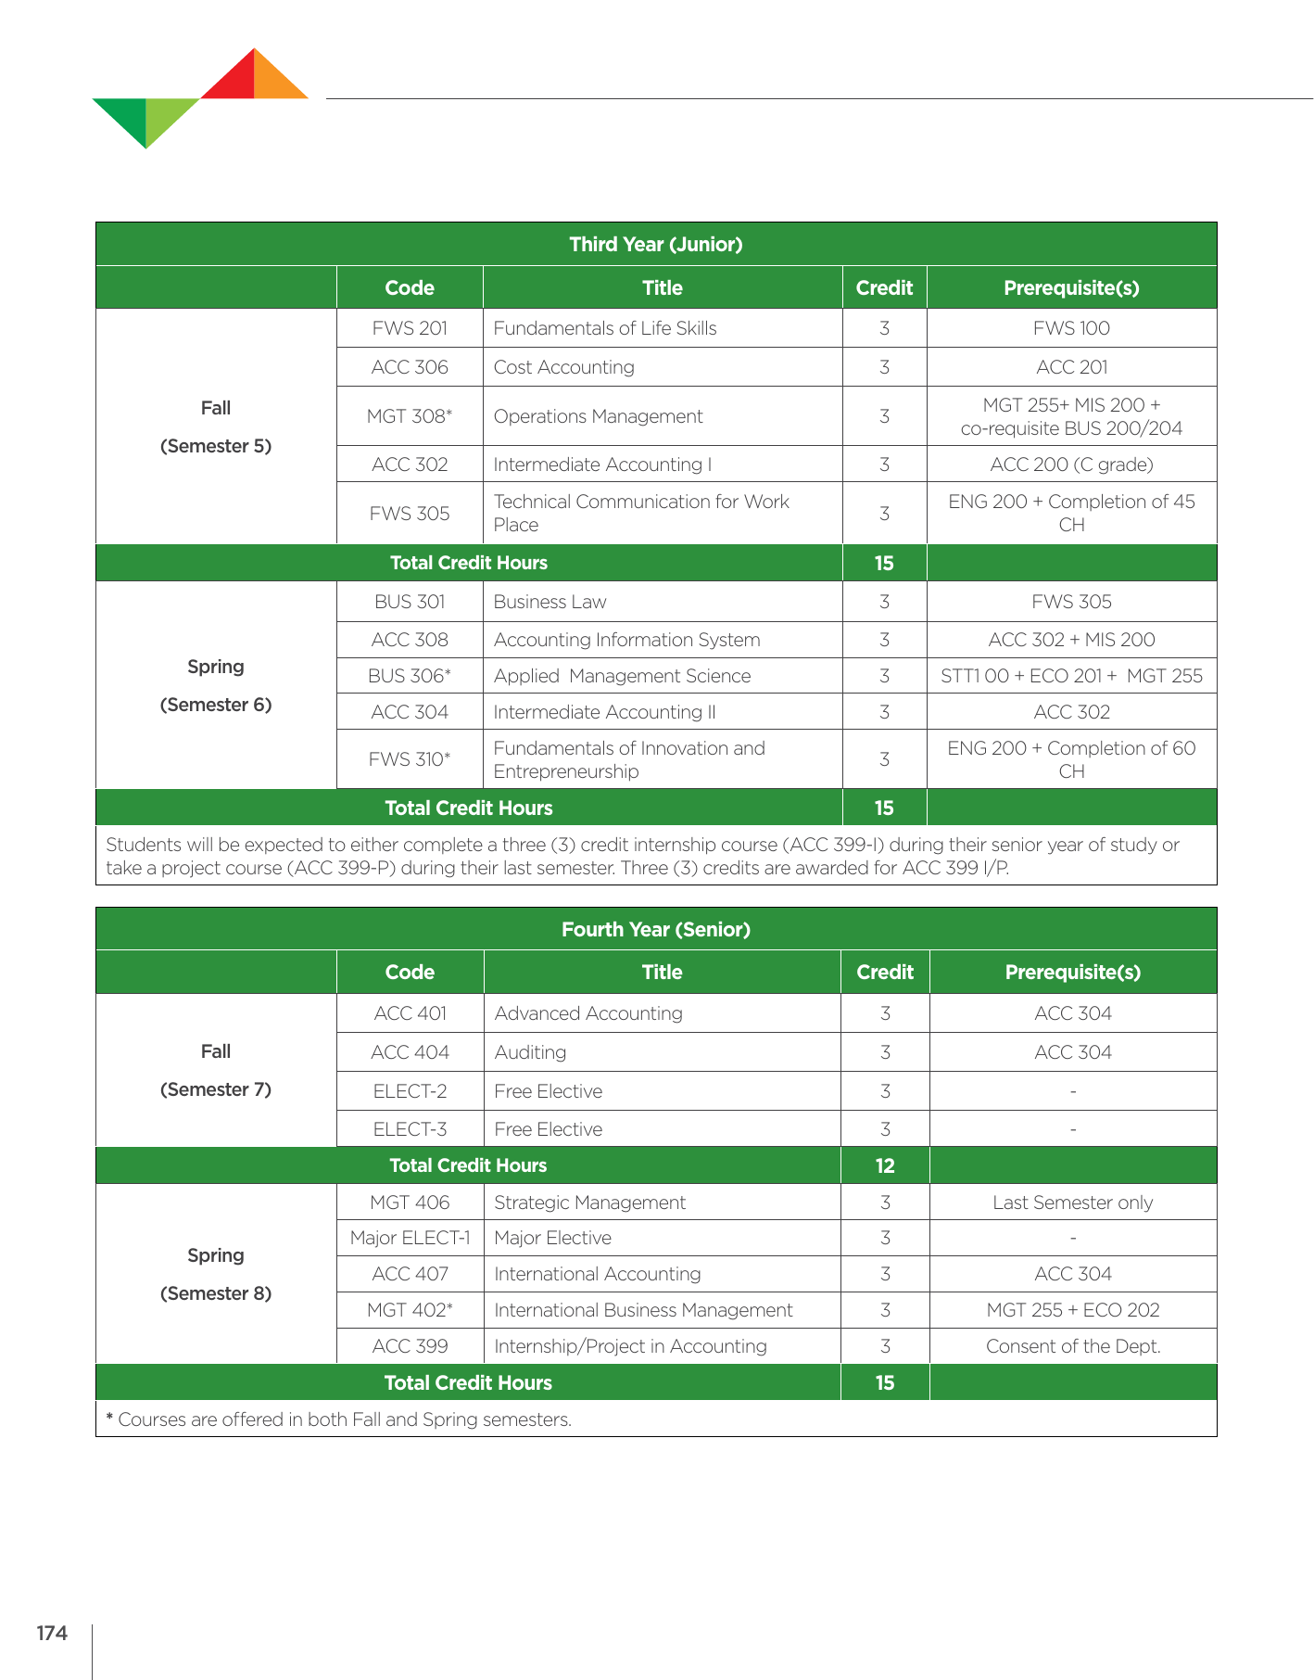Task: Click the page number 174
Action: (52, 1633)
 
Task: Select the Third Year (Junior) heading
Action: (655, 244)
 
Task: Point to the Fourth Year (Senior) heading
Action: (655, 929)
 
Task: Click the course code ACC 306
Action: (410, 367)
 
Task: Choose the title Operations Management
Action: (598, 416)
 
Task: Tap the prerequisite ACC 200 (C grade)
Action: (1071, 465)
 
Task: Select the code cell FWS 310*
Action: (410, 759)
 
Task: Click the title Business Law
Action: (550, 602)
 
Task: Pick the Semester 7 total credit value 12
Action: (885, 1165)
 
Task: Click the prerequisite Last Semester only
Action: (1072, 1203)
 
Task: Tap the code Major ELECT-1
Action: (410, 1238)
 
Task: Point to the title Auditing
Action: (530, 1052)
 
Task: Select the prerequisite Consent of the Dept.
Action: (1072, 1346)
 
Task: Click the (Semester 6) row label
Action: (216, 705)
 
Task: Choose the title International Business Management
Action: (643, 1310)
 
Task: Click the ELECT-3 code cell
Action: (410, 1129)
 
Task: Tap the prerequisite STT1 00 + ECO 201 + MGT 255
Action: (1071, 676)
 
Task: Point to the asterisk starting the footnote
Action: (109, 1418)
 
